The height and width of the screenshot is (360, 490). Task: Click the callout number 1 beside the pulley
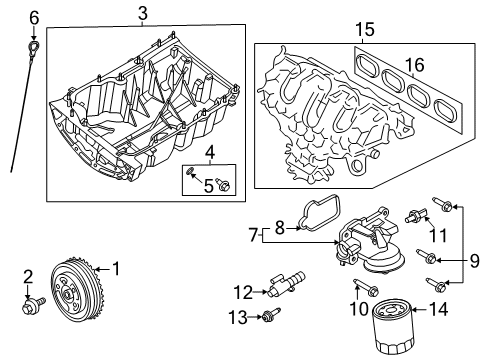pos(115,268)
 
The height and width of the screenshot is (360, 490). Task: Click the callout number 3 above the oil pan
pos(142,13)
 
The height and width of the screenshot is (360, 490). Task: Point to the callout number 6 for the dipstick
pos(33,17)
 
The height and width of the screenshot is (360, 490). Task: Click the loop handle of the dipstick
pos(34,47)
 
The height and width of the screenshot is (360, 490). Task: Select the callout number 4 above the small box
pos(208,153)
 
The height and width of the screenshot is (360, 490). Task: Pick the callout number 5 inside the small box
pos(208,184)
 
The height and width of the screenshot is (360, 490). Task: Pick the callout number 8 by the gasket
pos(281,227)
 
